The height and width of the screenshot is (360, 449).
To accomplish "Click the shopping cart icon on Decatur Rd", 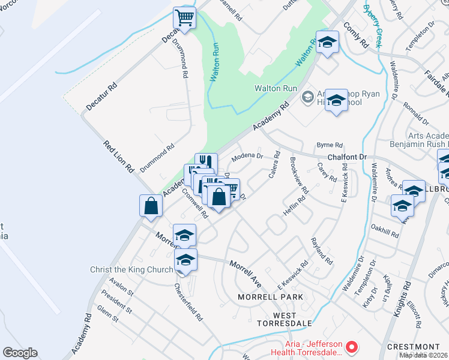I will point(185,17).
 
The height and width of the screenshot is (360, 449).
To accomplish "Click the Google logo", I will point(20,353).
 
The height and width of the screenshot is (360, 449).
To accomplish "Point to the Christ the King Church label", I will point(131,270).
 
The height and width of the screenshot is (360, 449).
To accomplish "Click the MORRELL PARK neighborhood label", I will point(270,297).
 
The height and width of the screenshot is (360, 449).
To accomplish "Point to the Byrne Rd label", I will point(329,145).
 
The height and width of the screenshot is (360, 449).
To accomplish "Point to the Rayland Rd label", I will point(322,251).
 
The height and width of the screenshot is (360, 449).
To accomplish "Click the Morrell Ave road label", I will point(246,272).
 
